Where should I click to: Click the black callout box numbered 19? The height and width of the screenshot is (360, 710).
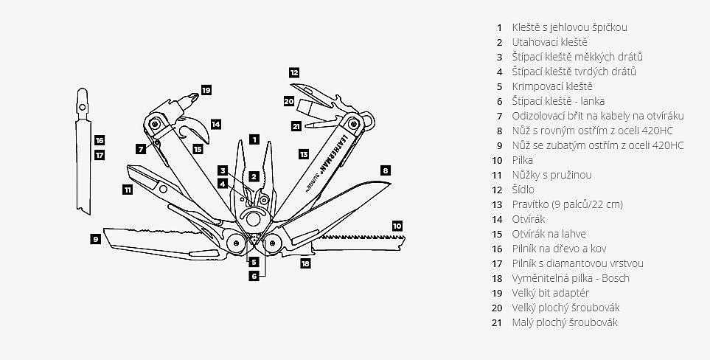pos(206,90)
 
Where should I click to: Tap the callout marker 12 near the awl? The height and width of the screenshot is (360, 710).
pos(294,72)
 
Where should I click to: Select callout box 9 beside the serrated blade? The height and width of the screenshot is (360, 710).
pos(95,238)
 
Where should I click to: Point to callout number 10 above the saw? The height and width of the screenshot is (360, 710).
pos(397,225)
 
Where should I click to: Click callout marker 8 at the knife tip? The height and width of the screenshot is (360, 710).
pos(385,170)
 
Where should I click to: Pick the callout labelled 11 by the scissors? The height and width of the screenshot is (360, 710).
pos(128,190)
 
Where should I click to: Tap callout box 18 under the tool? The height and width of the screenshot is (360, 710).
pos(305,262)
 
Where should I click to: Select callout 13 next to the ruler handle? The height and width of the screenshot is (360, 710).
pos(304,153)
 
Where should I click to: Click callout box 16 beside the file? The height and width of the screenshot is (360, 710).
pos(100,139)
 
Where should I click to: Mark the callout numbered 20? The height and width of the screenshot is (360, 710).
pos(289,101)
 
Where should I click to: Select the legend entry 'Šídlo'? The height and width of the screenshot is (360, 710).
pos(524,190)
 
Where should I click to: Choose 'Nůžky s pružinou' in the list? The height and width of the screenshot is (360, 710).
pos(552,175)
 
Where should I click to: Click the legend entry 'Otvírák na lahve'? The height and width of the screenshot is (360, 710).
pos(549,234)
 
